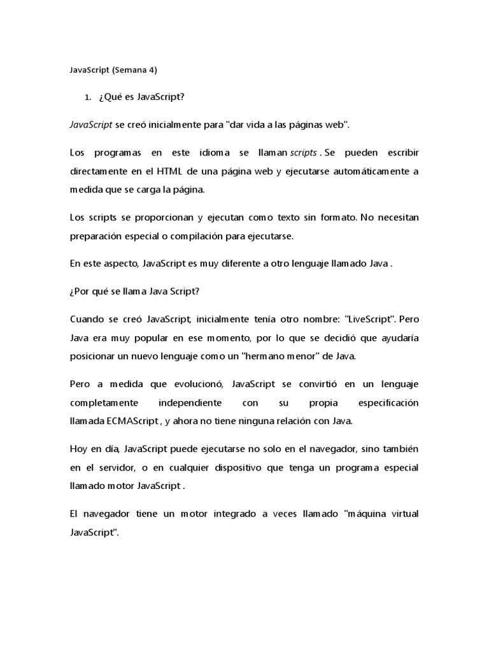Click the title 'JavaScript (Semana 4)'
coord(113,70)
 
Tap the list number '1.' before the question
coord(89,97)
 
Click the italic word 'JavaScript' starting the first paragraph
coord(91,125)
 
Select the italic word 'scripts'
coord(303,153)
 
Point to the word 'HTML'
coord(193,172)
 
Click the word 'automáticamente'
coord(369,172)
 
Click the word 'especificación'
coord(385,403)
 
